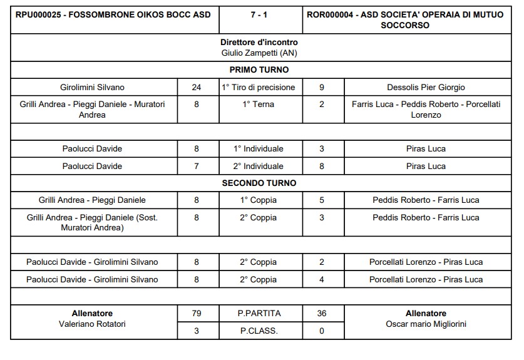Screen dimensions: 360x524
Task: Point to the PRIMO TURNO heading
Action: click(259, 70)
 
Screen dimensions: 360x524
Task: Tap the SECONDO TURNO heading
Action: click(259, 183)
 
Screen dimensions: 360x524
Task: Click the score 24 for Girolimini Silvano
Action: click(197, 87)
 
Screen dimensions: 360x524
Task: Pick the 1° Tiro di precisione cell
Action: click(259, 87)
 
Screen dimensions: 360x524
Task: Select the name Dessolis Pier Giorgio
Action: click(426, 87)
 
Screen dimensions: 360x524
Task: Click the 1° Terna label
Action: click(259, 105)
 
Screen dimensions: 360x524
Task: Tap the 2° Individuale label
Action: click(259, 166)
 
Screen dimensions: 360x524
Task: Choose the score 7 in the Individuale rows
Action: click(197, 166)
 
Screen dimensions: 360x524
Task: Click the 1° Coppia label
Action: click(259, 200)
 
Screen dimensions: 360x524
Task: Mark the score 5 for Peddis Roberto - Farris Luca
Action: click(322, 200)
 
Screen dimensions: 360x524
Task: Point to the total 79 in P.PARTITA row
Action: click(197, 313)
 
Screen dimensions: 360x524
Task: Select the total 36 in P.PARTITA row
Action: click(322, 313)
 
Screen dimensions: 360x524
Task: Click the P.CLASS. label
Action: click(259, 331)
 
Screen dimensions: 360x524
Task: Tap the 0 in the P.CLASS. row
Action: click(322, 331)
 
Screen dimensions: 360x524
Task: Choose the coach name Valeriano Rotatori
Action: click(92, 324)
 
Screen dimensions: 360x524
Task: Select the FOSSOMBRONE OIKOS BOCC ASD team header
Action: click(113, 14)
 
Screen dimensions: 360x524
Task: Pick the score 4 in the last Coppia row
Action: click(322, 279)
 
